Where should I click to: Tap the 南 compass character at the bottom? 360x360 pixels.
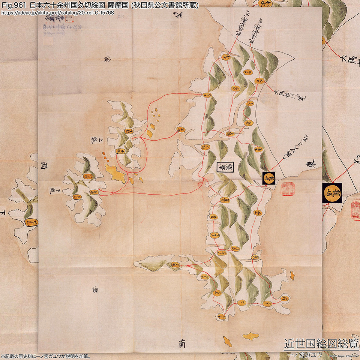point(181,343)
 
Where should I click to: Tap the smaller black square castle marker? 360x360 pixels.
point(269,178)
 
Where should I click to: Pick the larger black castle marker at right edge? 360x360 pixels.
point(332,193)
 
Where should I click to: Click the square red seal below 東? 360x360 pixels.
point(288,189)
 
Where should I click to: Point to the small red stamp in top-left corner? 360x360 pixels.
point(67,20)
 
